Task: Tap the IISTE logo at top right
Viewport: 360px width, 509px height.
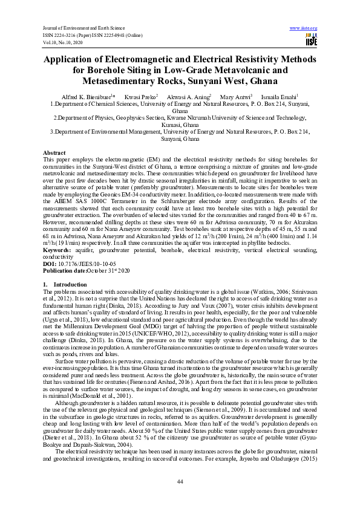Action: pyautogui.click(x=312, y=40)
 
